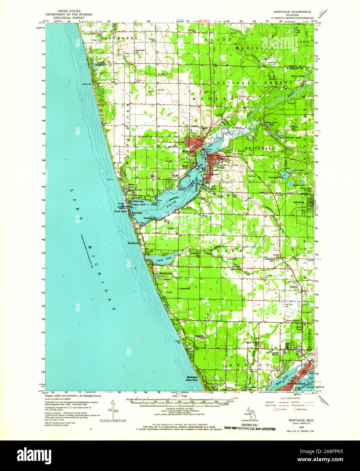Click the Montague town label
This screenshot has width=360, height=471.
pos(189,151)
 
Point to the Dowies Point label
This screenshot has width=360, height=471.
pos(183,188)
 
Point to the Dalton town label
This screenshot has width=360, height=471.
pos(294,287)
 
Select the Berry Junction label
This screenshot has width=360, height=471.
pos(293,321)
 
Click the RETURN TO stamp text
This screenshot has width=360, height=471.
pos(249,424)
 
